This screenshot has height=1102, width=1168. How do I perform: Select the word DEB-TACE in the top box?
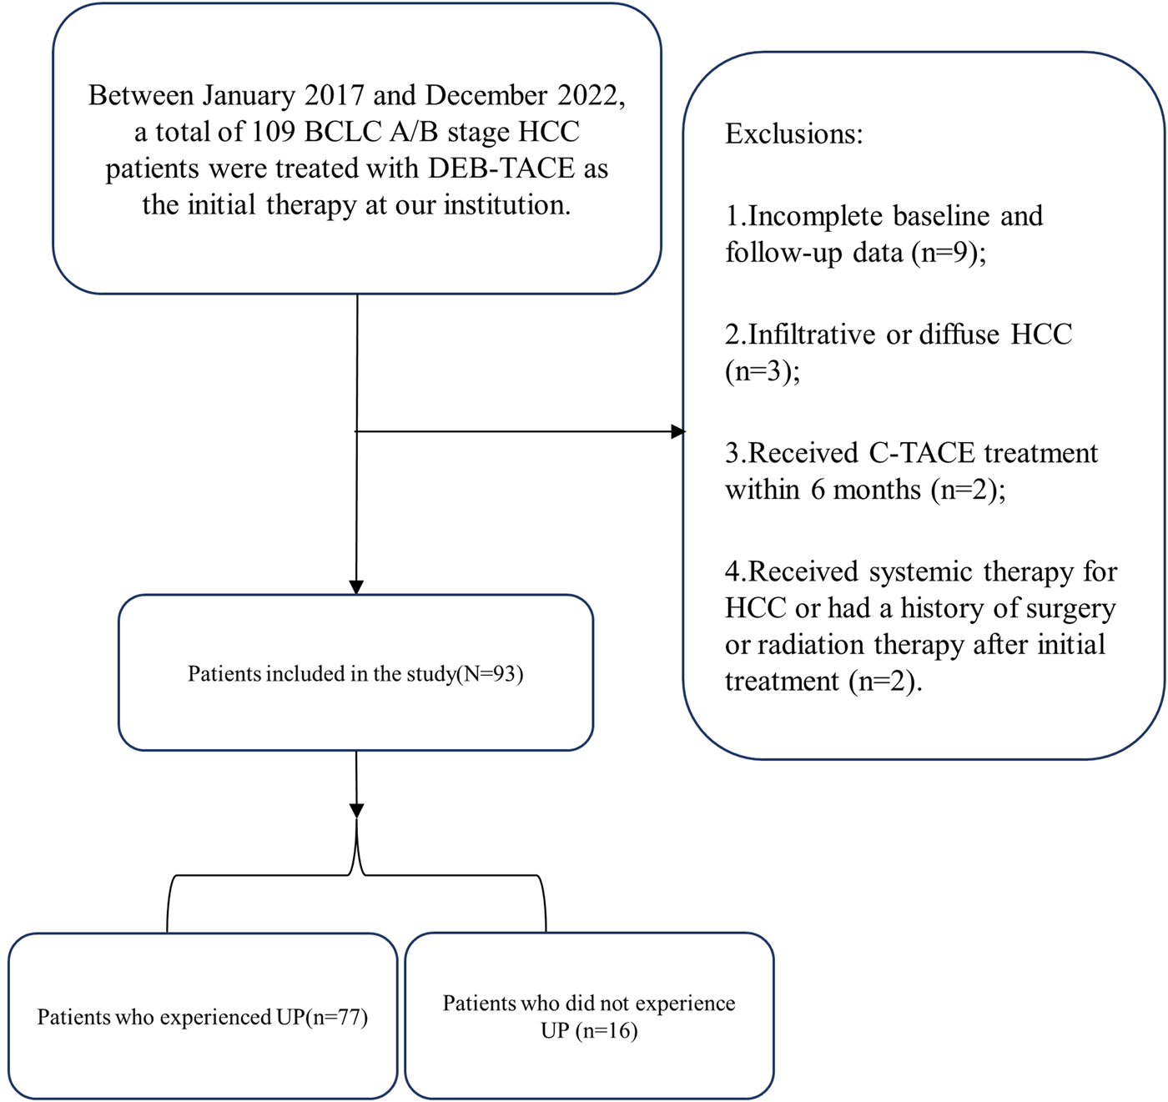[x=501, y=169]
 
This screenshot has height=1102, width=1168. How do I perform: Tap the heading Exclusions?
[x=793, y=133]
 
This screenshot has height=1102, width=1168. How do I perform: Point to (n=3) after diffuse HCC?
[x=762, y=370]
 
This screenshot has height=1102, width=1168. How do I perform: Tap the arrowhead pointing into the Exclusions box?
[x=678, y=431]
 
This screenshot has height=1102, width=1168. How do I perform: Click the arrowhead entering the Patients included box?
[x=356, y=587]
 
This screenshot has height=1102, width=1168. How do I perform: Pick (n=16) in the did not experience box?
[x=610, y=1031]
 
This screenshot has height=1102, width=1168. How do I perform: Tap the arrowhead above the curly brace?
[x=356, y=810]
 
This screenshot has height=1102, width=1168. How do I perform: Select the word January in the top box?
[x=249, y=95]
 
